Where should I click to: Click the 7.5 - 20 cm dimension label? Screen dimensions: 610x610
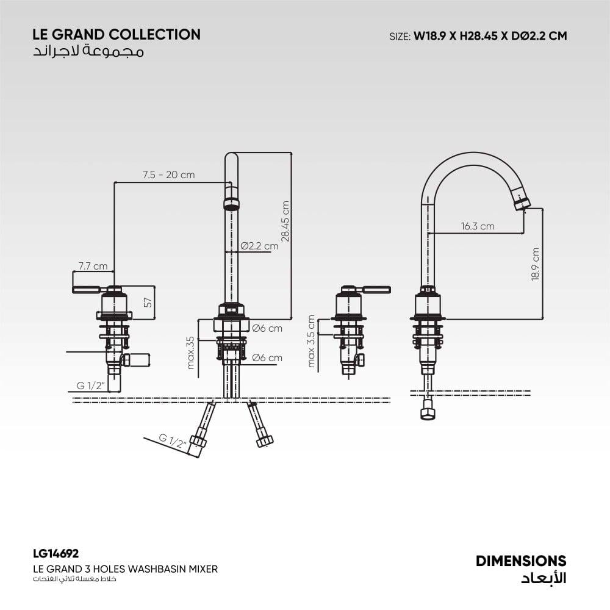point(168,175)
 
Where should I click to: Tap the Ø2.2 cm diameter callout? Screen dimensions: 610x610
point(259,246)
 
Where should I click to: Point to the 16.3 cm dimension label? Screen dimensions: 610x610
point(478,226)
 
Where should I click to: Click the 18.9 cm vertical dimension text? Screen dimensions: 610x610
point(536,264)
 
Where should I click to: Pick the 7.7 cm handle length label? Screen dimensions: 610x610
point(93,266)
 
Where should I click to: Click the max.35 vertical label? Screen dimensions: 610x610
point(190,353)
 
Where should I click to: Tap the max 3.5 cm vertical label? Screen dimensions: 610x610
point(312,341)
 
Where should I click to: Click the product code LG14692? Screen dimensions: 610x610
point(56,554)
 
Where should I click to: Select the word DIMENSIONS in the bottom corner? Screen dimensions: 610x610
point(521,561)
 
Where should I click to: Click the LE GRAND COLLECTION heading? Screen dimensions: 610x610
point(117,35)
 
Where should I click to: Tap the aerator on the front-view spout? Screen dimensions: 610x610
point(231,203)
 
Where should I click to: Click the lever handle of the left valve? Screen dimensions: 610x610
point(86,289)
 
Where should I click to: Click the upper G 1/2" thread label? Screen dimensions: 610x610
point(91,386)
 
